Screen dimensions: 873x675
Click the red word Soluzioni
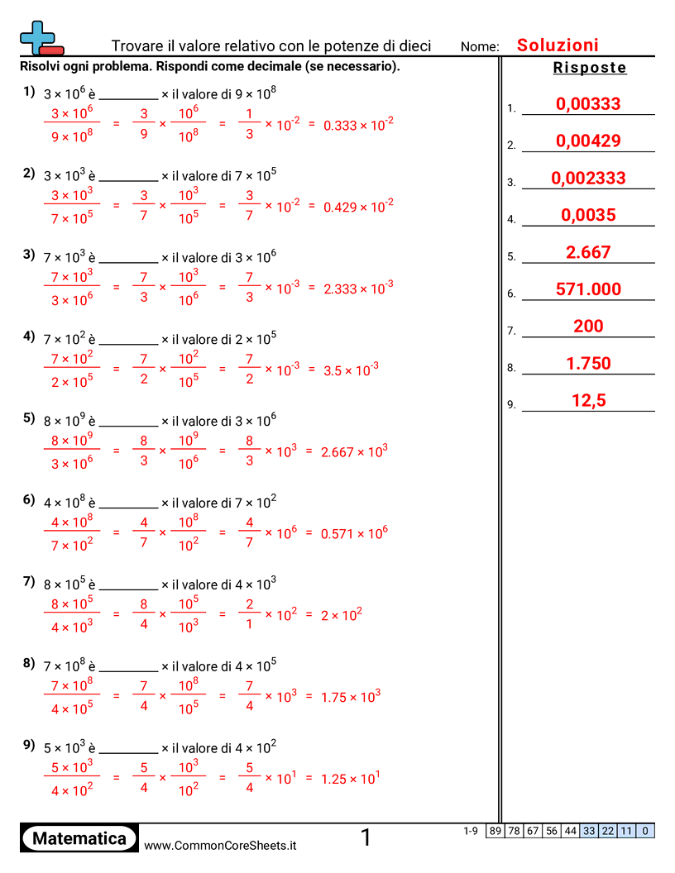[x=558, y=45]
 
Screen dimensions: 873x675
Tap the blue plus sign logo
[x=38, y=36]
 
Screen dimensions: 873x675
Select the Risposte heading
[x=590, y=68]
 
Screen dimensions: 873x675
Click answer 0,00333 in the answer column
[x=588, y=104]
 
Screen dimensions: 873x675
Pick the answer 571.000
[x=588, y=289]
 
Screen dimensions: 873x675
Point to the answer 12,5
[x=588, y=401]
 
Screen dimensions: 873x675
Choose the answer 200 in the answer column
[x=588, y=327]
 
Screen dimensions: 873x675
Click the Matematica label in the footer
[x=79, y=839]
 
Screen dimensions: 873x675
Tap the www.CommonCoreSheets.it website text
[x=220, y=845]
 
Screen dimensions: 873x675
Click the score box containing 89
[x=495, y=831]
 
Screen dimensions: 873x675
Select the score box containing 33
[x=589, y=831]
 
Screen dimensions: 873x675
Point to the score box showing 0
[x=645, y=831]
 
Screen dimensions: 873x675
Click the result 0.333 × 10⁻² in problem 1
[x=358, y=124]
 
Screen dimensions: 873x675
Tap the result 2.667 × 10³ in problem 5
[x=354, y=451]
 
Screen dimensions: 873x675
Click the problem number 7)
[x=29, y=581]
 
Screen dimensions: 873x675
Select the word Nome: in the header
[x=480, y=47]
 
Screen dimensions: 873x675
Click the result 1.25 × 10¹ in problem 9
[x=351, y=779]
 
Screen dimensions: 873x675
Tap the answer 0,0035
[x=588, y=216]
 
